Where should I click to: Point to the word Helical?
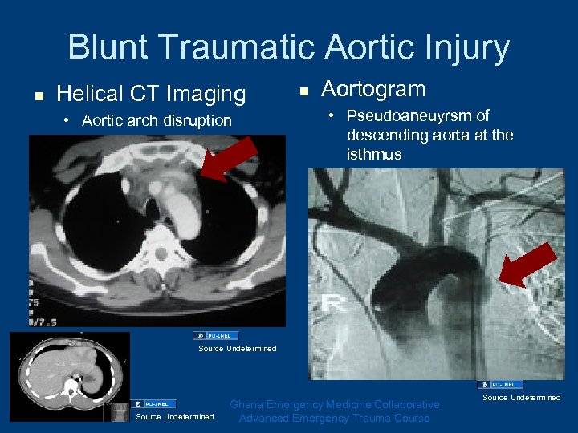coord(92,94)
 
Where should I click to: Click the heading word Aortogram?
coord(373,89)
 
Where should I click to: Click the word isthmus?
coord(375,154)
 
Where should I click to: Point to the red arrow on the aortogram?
coord(527,265)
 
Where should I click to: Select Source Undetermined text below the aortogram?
coord(522,397)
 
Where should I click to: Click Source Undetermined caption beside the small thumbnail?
coord(175,416)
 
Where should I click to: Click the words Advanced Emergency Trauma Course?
coord(334,418)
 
